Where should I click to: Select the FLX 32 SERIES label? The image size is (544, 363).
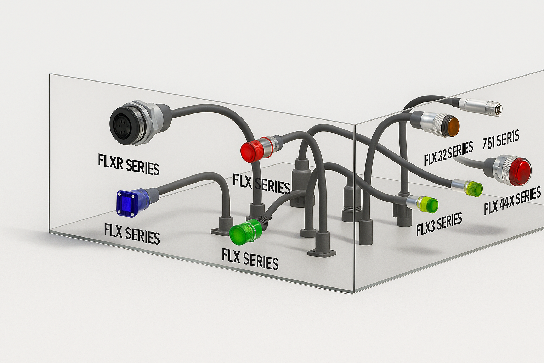pos(448,153)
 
